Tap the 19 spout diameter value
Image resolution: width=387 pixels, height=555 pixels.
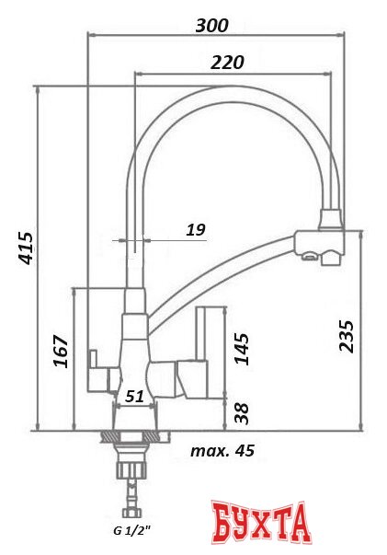click(195, 229)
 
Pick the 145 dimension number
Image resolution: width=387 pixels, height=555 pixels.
click(242, 349)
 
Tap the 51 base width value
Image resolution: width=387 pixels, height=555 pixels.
click(133, 397)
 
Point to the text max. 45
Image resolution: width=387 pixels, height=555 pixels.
click(222, 450)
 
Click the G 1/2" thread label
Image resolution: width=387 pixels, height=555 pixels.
click(131, 531)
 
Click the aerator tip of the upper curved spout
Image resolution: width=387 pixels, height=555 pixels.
click(330, 220)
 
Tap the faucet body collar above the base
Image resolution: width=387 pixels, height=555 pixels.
click(134, 326)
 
